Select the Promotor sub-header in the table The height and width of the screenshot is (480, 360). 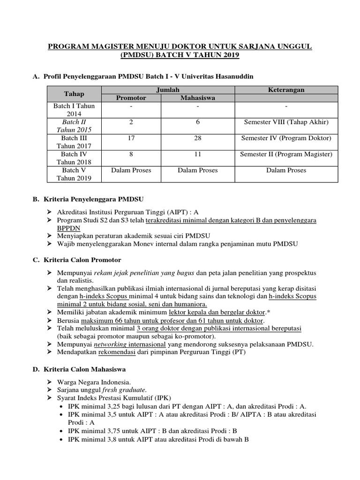pyautogui.click(x=131, y=98)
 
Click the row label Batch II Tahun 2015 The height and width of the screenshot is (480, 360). pyautogui.click(x=74, y=126)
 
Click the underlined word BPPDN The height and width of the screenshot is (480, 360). pyautogui.click(x=69, y=227)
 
